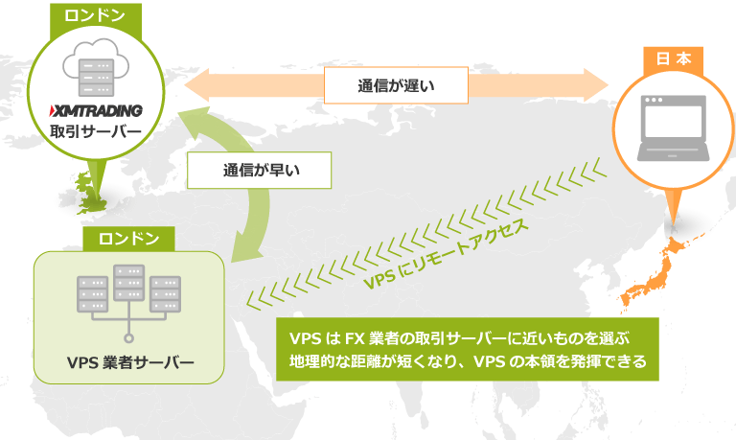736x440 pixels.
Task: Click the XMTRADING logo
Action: (94, 108)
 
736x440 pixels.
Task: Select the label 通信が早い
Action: (262, 172)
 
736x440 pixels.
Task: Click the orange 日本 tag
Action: (673, 58)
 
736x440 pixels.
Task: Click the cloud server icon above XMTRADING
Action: (94, 63)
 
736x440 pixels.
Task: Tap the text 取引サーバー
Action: (94, 131)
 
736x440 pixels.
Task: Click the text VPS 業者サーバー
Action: (129, 362)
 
